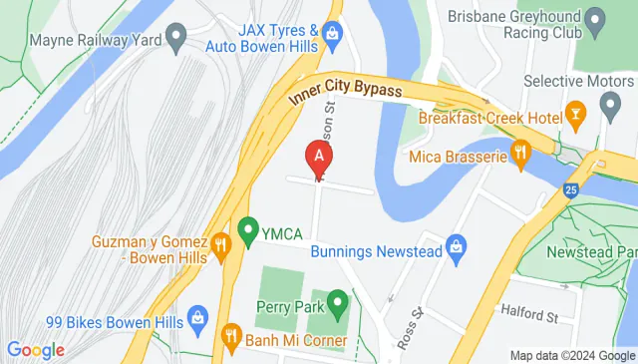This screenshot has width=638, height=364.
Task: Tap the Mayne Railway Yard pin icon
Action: [x=176, y=41]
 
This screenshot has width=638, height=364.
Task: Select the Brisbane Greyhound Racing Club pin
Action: [x=595, y=19]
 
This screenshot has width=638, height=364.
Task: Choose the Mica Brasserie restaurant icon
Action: [x=519, y=155]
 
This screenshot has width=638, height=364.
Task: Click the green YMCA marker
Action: [x=246, y=232]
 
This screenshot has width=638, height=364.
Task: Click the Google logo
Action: [x=35, y=350]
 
